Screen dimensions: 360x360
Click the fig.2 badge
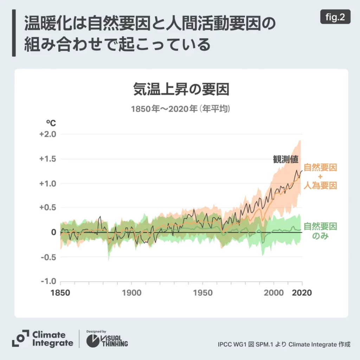click(x=335, y=17)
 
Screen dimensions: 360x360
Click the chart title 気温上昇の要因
click(x=181, y=89)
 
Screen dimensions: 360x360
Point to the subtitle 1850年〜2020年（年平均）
click(x=181, y=109)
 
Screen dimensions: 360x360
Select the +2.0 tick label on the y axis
click(x=48, y=134)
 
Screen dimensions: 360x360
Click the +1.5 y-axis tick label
click(x=48, y=159)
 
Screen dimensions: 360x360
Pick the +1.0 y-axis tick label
click(x=48, y=184)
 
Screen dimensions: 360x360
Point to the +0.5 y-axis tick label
click(x=48, y=208)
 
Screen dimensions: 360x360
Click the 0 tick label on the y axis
click(x=53, y=232)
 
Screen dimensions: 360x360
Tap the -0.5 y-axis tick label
click(x=49, y=257)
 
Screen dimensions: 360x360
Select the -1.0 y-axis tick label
click(x=49, y=282)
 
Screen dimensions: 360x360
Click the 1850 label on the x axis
click(x=60, y=292)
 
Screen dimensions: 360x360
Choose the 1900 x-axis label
click(x=131, y=292)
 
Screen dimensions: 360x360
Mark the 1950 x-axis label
click(x=202, y=292)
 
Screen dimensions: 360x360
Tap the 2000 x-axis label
click(x=274, y=292)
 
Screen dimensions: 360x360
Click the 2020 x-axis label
click(x=302, y=292)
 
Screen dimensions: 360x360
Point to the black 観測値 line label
click(x=285, y=159)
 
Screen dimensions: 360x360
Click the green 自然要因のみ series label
click(x=320, y=231)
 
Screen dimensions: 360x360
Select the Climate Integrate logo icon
click(x=20, y=339)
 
